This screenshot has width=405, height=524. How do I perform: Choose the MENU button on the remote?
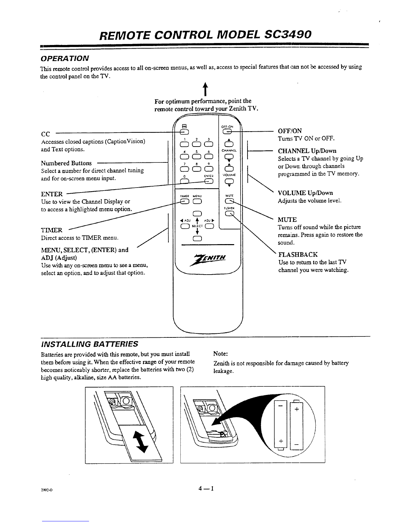coord(196,202)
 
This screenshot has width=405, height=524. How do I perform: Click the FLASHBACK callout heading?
coord(298,254)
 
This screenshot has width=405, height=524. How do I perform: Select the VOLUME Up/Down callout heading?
coord(305,193)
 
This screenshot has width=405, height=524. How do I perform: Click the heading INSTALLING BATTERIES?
coord(89,344)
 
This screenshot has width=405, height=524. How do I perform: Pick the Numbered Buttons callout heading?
coord(66,163)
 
